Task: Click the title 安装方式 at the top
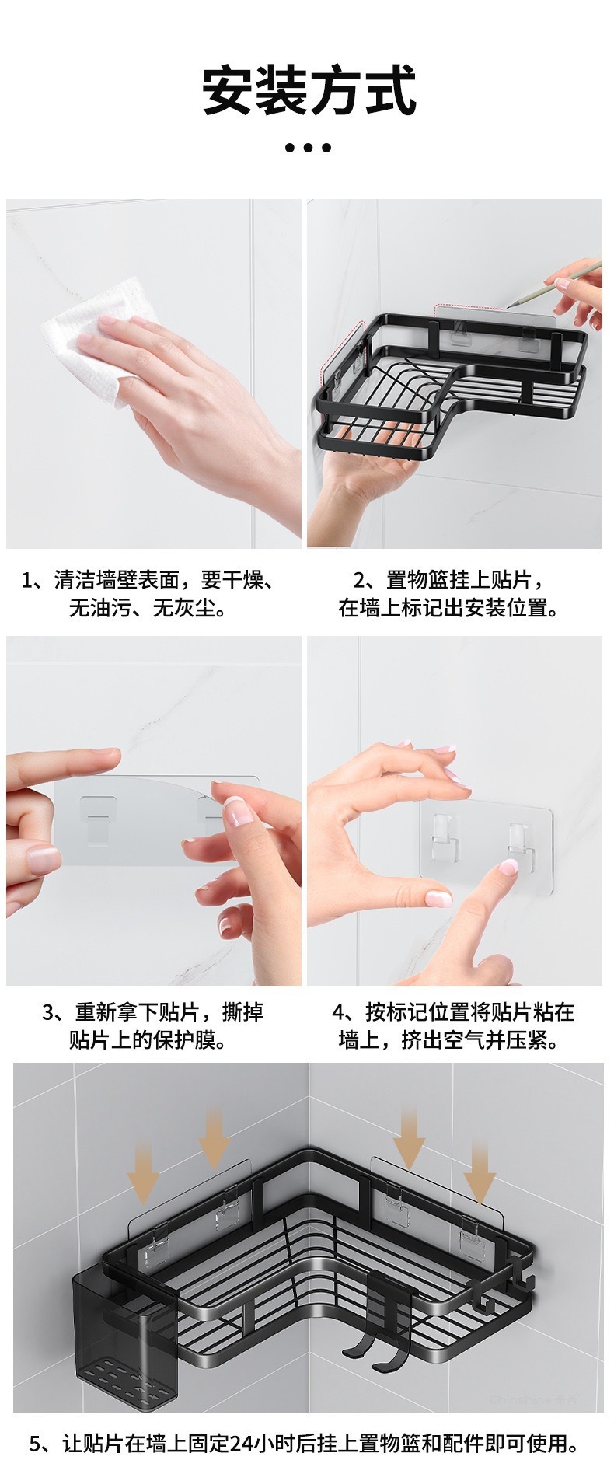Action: click(x=309, y=91)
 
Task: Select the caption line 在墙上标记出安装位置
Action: click(x=449, y=607)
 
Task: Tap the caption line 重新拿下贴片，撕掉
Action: click(x=153, y=1011)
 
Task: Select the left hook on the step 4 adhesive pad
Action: click(x=441, y=834)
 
